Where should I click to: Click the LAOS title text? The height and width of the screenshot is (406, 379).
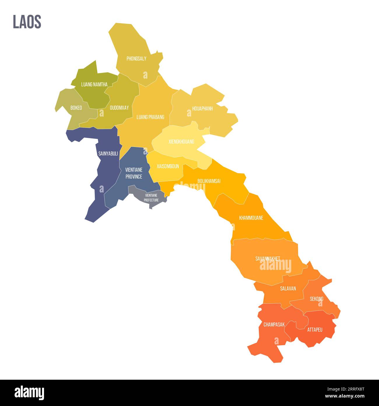[27, 22]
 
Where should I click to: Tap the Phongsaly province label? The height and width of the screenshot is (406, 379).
[136, 59]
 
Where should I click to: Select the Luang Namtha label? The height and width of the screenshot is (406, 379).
[94, 85]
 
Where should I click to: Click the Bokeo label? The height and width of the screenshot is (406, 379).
[76, 108]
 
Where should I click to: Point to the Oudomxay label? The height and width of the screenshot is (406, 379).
[119, 108]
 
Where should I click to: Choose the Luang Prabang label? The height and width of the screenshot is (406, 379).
[150, 117]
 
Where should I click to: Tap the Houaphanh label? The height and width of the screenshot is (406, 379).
[202, 109]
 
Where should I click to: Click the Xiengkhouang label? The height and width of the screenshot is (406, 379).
[181, 142]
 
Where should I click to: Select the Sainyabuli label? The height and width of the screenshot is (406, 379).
[108, 154]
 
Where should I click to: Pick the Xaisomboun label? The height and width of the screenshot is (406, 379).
[168, 166]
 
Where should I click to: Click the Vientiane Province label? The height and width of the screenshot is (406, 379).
[134, 173]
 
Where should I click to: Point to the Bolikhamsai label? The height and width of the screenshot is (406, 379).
[209, 181]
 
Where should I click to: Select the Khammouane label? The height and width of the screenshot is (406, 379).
[251, 218]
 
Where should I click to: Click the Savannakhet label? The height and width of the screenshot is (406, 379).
[268, 258]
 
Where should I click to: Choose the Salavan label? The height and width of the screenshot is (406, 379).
[288, 289]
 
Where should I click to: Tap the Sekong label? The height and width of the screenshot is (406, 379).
[317, 299]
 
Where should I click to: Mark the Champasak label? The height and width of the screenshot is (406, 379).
[274, 325]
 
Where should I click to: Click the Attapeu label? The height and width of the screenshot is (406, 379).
[315, 330]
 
